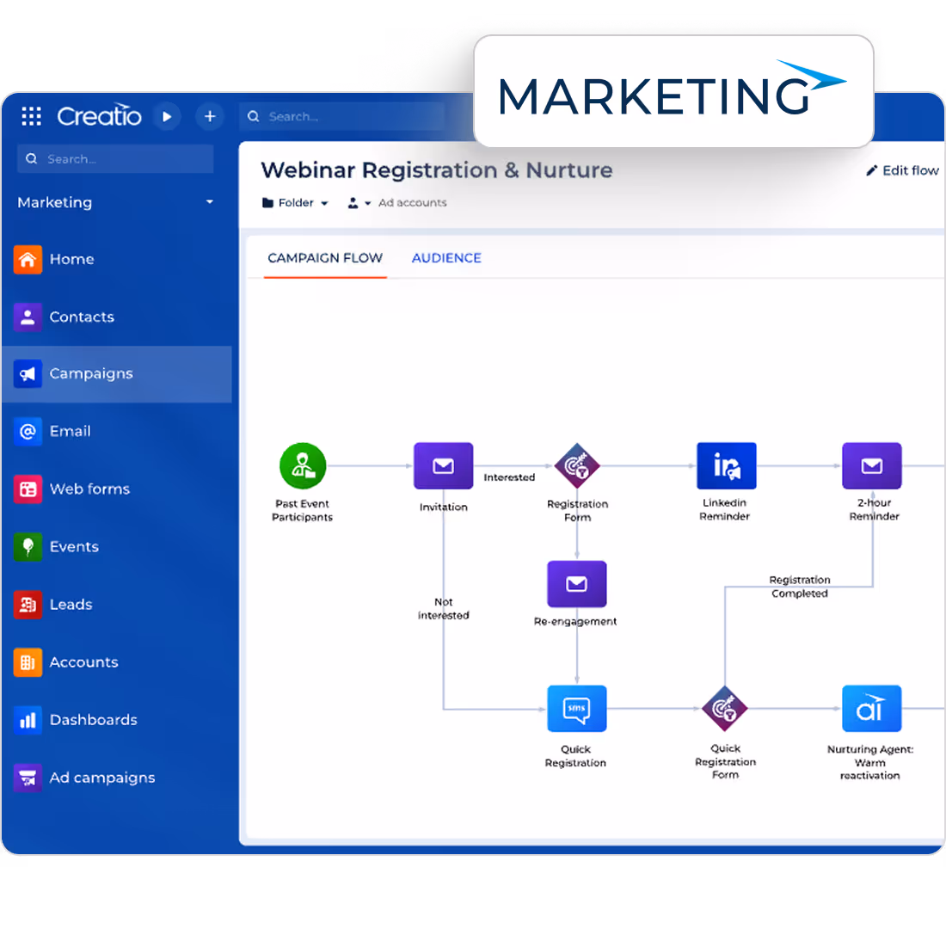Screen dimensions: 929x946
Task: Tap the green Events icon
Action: click(x=28, y=546)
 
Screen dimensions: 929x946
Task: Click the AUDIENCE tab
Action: click(x=446, y=258)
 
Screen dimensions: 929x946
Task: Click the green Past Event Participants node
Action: click(x=303, y=466)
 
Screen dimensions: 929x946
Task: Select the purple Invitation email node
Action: click(x=443, y=466)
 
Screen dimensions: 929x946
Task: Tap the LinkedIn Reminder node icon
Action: click(x=726, y=466)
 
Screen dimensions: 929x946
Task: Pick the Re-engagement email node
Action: click(x=576, y=584)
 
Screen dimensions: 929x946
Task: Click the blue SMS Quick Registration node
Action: click(x=576, y=709)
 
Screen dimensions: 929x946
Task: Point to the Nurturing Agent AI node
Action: click(x=871, y=709)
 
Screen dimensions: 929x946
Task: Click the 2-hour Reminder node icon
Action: click(x=871, y=466)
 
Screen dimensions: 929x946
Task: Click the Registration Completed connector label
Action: click(x=799, y=587)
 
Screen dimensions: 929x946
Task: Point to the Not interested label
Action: click(x=444, y=608)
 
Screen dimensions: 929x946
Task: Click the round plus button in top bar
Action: click(x=209, y=116)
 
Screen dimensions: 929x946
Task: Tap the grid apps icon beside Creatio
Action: click(x=31, y=116)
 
